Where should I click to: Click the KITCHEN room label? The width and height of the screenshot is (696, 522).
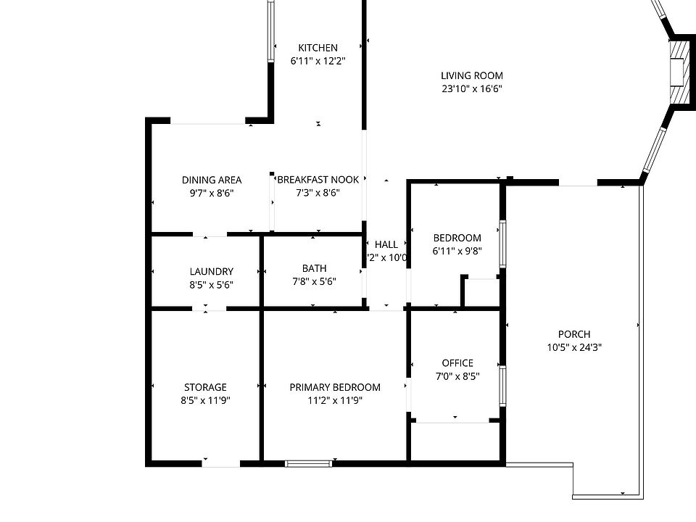pos(318,48)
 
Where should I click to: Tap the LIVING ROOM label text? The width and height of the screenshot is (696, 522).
pos(471,75)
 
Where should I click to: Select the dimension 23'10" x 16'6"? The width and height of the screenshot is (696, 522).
pos(471,89)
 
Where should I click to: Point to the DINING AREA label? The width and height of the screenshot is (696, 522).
pos(212,180)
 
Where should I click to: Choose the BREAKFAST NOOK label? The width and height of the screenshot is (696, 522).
pos(318,180)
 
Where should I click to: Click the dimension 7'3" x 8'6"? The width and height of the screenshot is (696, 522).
pos(318,193)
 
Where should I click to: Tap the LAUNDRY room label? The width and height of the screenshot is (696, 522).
pos(211,272)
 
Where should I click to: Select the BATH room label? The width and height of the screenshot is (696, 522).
pos(314,268)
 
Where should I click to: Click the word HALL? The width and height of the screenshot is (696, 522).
pos(386,244)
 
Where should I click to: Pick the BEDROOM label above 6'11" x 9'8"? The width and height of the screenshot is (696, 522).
pos(457,238)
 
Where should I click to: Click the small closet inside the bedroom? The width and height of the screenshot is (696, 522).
pos(481,291)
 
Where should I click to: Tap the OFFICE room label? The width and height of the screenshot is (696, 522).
pos(457,363)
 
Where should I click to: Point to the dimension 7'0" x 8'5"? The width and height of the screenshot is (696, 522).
pos(457,376)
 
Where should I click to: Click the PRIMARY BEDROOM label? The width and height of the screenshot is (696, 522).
pos(335,387)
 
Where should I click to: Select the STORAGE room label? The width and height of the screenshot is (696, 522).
pos(205,387)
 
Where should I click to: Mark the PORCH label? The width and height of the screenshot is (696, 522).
pos(574,334)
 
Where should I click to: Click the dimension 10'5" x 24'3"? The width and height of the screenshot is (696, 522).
pos(574,347)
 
